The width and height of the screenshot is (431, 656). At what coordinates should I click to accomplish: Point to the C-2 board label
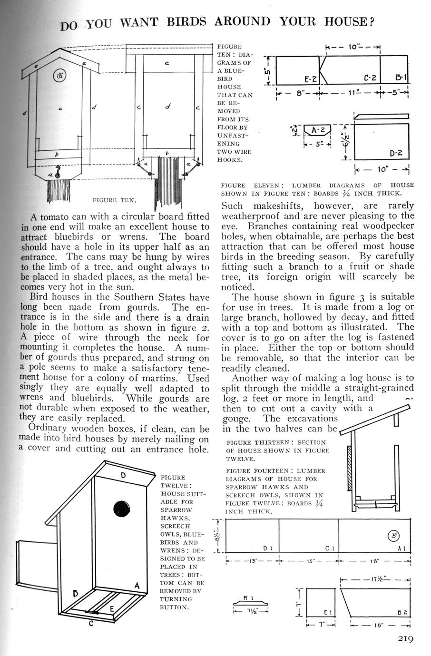(x=370, y=77)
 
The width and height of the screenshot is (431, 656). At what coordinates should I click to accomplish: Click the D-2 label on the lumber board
(x=396, y=153)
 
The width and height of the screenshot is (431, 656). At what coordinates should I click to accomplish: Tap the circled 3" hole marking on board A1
(x=394, y=535)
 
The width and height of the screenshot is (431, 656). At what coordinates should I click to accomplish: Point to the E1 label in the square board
(x=327, y=612)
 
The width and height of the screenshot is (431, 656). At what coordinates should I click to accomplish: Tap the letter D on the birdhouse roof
(x=122, y=475)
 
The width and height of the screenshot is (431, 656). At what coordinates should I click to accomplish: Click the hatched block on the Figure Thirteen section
(x=350, y=469)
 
